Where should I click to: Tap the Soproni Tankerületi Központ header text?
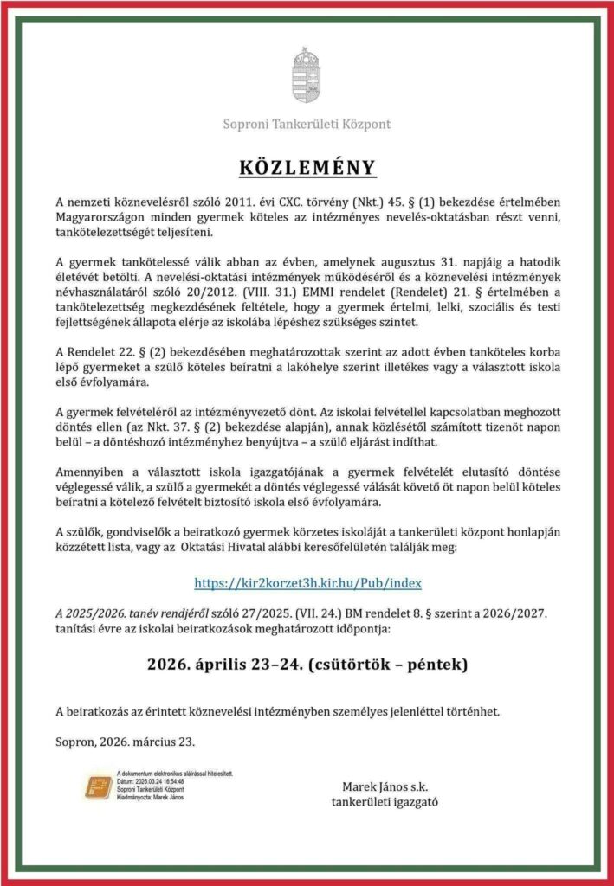(307, 124)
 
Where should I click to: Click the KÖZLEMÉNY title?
(307, 167)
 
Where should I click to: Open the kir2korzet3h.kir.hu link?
(308, 582)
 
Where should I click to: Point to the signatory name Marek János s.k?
(385, 786)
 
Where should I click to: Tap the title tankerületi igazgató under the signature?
(385, 801)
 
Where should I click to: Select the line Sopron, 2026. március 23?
(126, 742)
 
